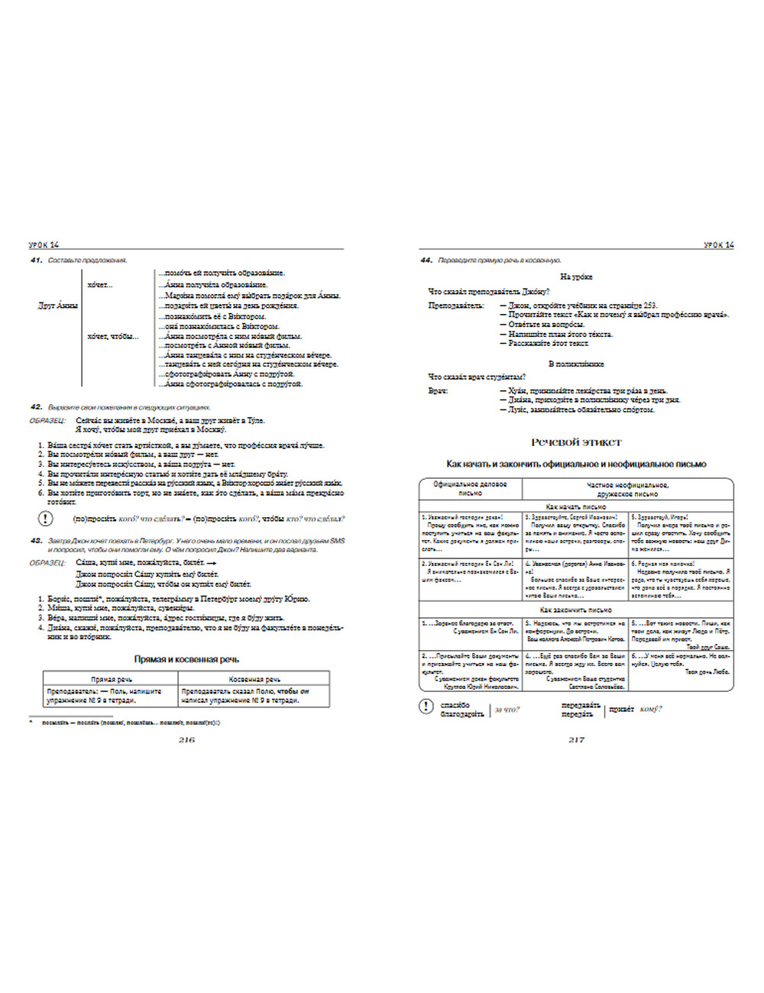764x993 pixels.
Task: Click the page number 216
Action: [186, 739]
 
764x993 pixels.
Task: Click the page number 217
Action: [576, 739]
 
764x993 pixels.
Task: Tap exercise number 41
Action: [36, 260]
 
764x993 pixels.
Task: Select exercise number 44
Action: [426, 260]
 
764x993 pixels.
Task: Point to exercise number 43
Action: [36, 541]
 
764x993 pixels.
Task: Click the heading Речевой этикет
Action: [576, 442]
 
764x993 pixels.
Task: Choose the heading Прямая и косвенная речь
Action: [186, 659]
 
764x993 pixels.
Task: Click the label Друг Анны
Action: [58, 306]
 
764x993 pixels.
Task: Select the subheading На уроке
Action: [576, 277]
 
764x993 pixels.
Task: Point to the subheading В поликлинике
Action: [576, 364]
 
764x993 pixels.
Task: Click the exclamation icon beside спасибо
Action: [426, 707]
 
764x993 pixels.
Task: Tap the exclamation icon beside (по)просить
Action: [46, 519]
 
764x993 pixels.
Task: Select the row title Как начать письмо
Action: [576, 506]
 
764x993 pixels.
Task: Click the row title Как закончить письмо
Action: [576, 610]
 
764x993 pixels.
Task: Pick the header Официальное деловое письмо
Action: [470, 489]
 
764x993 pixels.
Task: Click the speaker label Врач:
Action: [438, 390]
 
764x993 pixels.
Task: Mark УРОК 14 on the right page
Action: [718, 245]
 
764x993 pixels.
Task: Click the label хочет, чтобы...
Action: [112, 336]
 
